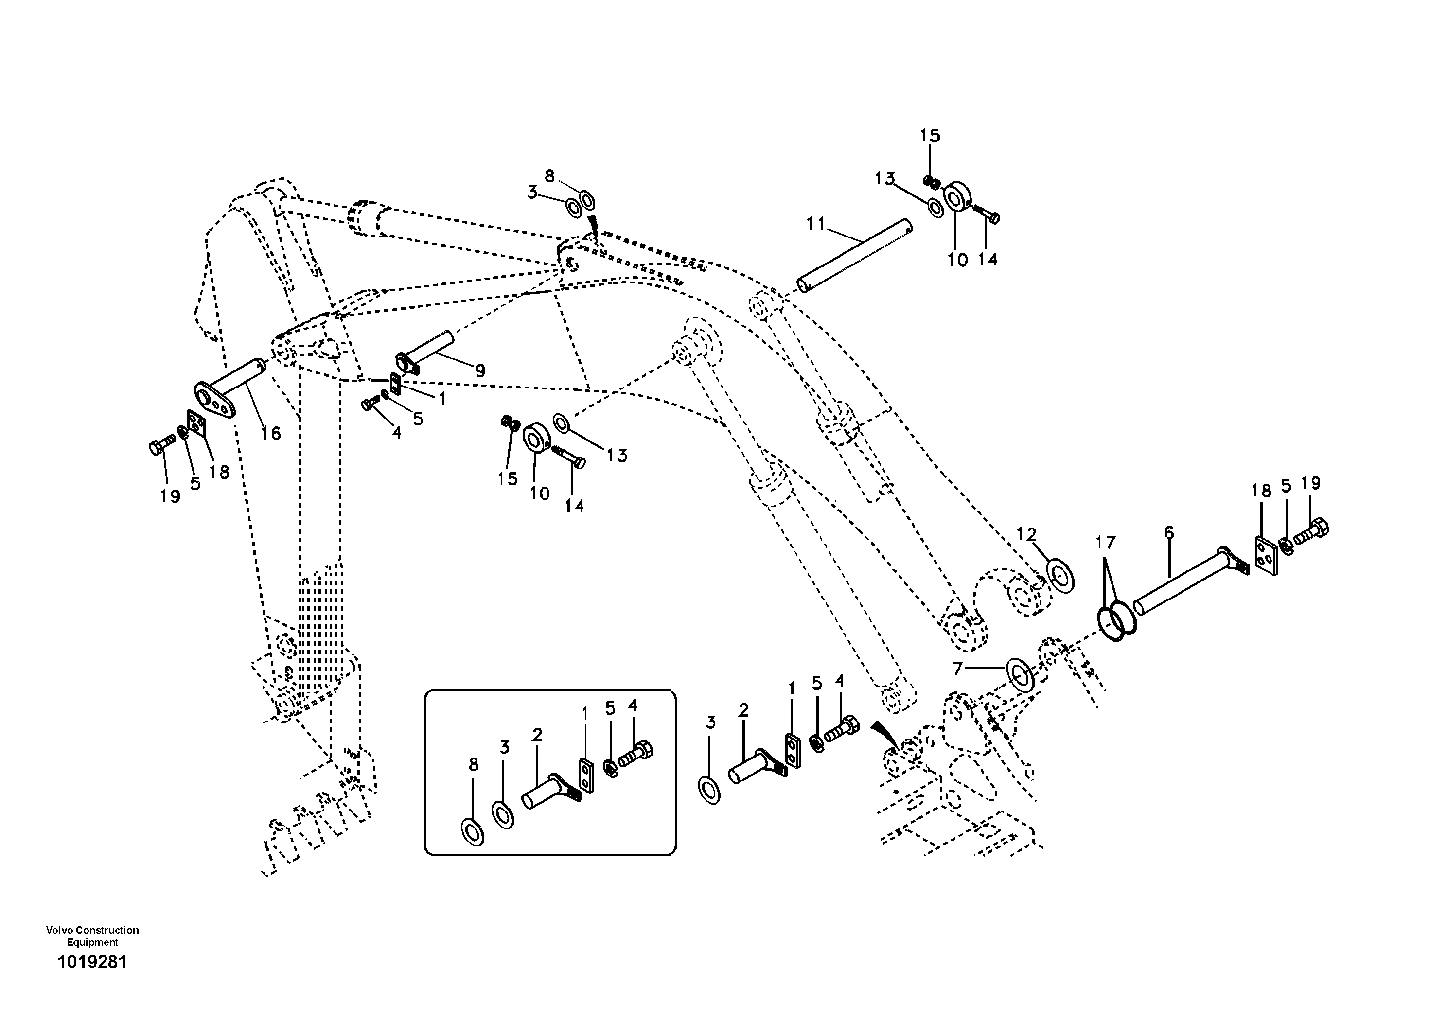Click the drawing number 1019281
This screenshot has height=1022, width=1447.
92,962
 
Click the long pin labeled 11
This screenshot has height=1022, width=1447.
856,255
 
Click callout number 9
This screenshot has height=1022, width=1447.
480,370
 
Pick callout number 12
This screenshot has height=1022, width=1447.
1026,534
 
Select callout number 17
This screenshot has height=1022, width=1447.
1105,542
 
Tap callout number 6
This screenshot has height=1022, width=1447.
1169,533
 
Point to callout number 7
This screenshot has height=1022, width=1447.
958,669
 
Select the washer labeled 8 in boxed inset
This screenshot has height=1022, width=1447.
473,832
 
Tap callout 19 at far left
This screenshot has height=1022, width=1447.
170,496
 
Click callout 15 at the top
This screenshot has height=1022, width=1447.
930,136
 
